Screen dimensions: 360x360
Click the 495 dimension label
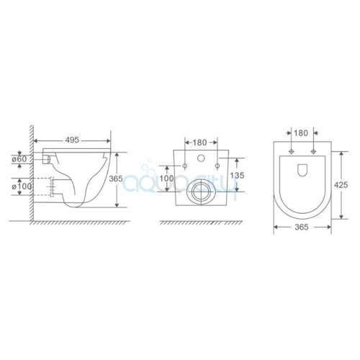click(72, 140)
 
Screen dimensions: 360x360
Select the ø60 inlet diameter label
click(19, 158)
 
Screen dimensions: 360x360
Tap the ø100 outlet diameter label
click(22, 186)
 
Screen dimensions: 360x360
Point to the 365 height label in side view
click(116, 179)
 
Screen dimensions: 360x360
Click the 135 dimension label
click(237, 175)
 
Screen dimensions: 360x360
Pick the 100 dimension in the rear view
click(166, 179)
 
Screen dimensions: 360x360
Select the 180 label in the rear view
click(199, 143)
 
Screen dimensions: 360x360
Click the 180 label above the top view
click(301, 132)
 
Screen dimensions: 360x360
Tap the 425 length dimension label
click(341, 185)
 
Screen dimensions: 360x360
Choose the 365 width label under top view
click(301, 227)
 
